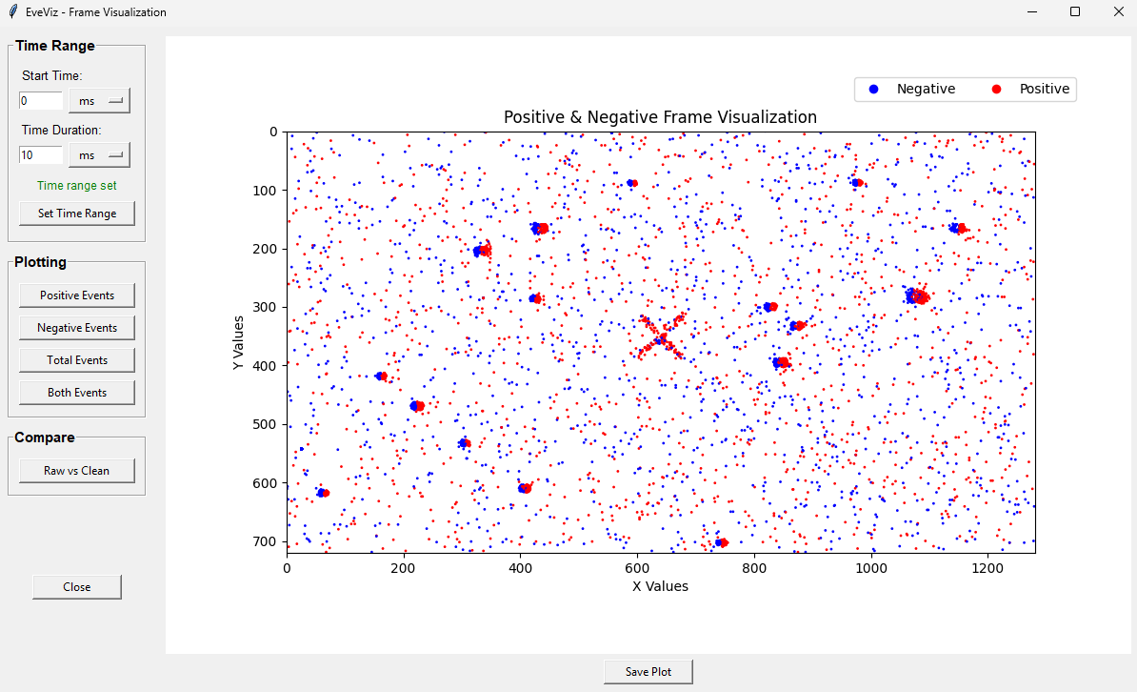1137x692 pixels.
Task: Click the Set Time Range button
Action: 77,214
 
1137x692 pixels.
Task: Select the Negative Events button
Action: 77,328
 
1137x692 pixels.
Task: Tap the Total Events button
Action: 77,360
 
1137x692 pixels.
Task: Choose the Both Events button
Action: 77,393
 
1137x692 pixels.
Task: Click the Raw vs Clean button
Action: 77,471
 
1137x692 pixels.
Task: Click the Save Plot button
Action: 648,672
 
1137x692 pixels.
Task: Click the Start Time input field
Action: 41,101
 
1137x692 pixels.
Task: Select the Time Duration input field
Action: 41,155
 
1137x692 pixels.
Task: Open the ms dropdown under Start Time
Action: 99,101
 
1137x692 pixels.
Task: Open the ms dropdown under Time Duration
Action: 99,155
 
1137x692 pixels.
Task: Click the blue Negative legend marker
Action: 873,90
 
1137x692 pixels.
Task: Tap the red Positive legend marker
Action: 996,90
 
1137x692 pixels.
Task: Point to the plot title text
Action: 660,117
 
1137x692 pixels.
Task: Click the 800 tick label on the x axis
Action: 754,566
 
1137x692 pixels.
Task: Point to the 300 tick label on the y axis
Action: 266,308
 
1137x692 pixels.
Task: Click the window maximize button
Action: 1075,12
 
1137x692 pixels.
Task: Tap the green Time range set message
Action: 77,186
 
